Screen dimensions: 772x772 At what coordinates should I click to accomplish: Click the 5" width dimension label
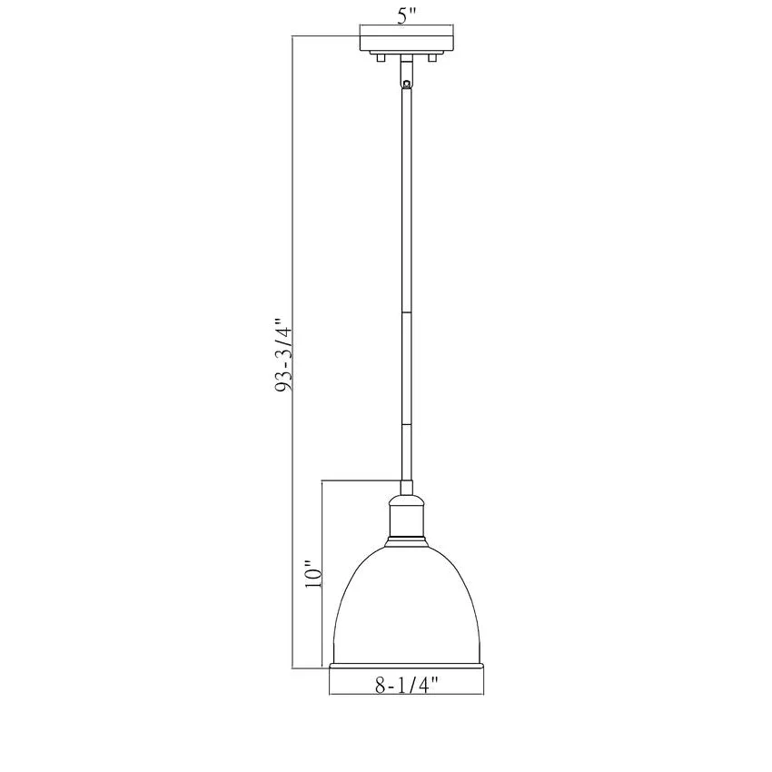point(407,16)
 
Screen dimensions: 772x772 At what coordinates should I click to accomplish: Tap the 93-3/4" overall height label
point(284,352)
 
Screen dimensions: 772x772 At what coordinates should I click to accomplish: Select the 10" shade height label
point(313,574)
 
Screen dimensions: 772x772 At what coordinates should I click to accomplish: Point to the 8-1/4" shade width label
point(407,685)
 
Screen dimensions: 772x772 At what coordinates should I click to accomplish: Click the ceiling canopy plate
point(407,43)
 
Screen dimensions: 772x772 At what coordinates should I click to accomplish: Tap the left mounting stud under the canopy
point(380,57)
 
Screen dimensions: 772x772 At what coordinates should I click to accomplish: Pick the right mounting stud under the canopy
point(432,57)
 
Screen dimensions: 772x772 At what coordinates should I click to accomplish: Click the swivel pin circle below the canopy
point(406,84)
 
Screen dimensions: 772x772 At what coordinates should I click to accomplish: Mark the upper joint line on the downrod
point(407,312)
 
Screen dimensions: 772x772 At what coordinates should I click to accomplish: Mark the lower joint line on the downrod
point(407,424)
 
